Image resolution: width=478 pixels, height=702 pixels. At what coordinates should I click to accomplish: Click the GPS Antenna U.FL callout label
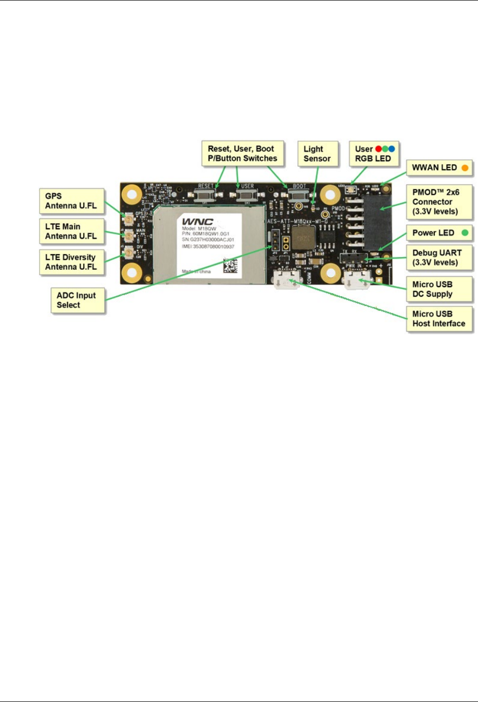[x=72, y=201]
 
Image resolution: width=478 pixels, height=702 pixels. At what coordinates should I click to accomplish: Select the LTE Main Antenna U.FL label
[x=72, y=231]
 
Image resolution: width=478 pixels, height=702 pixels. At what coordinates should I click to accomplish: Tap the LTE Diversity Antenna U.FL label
[x=72, y=262]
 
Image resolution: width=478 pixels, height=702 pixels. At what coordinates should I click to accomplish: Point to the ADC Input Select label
[x=77, y=300]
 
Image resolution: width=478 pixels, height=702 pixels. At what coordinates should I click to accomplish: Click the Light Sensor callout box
[x=317, y=154]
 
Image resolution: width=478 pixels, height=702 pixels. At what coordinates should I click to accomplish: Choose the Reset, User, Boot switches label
[x=242, y=154]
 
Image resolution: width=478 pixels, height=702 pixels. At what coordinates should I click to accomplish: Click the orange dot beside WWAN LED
[x=465, y=168]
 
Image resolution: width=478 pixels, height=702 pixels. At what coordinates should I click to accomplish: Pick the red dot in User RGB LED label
[x=379, y=149]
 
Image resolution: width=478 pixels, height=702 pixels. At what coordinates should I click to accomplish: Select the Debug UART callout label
[x=437, y=258]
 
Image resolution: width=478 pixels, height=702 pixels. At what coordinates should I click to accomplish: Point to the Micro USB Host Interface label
[x=438, y=319]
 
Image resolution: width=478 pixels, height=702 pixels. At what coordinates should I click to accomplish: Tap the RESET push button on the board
[x=206, y=195]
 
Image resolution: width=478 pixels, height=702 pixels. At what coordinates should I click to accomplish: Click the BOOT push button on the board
[x=299, y=195]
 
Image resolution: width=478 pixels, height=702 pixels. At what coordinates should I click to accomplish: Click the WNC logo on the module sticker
[x=197, y=222]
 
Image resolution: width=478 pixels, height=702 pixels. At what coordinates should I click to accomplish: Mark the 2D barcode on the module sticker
[x=230, y=265]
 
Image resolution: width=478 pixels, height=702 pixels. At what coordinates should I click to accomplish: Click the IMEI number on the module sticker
[x=208, y=247]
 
